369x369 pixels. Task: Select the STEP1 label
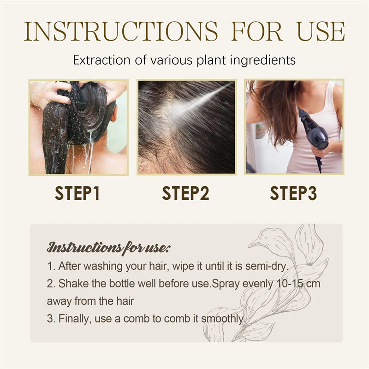pos(77,193)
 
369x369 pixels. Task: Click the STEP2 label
pos(185,193)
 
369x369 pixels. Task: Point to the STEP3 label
pos(293,193)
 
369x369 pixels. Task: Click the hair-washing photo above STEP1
pos(78,127)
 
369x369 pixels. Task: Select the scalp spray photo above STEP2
pos(186,127)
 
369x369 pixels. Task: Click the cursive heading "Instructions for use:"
pos(109,248)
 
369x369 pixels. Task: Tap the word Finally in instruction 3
pos(72,319)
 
